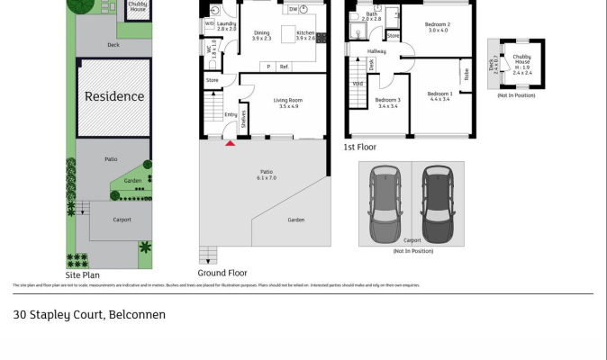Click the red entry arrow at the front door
pos(231,142)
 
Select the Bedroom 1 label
pos(439,94)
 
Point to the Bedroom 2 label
pos(439,24)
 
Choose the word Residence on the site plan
pos(114,96)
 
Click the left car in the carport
pos(385,203)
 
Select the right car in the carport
pos(438,203)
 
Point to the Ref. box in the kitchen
pos(284,67)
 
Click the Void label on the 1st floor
pos(358,84)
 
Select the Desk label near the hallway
pos(372,65)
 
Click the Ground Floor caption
pos(222,273)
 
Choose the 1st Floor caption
pos(360,147)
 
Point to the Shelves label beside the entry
pos(242,118)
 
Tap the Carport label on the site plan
pos(122,220)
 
